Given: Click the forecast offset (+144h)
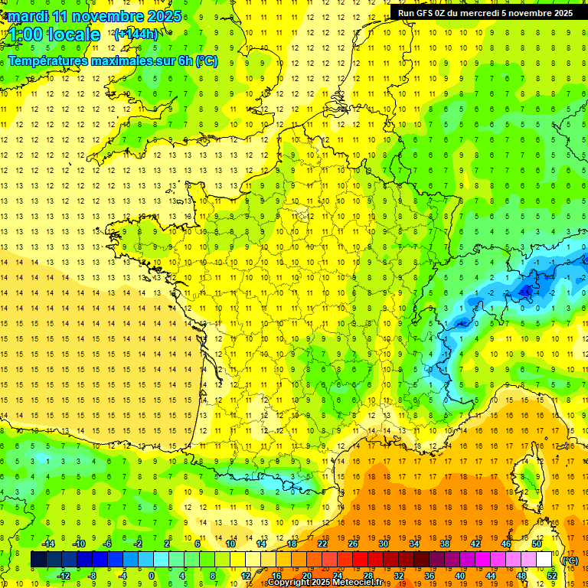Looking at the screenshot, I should coord(136,34).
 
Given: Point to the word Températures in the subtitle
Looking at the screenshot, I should coord(52,60).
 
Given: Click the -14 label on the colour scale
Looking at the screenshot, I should coord(48,543).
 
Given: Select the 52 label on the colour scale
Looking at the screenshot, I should coord(551,575).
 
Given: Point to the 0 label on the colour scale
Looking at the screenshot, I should coord(151,575).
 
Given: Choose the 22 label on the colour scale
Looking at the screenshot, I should coord(322,543).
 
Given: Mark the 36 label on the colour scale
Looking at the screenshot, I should coord(430,575).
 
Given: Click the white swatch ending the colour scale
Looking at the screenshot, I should coord(544,559).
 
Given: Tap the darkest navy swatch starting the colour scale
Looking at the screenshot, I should coord(38,559).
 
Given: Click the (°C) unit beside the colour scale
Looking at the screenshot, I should coord(570,560).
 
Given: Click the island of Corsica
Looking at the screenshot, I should coord(528,475).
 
